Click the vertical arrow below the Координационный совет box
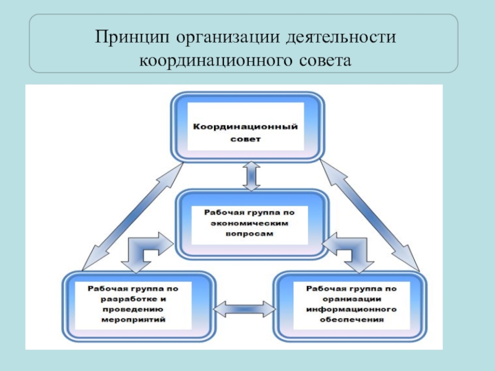pyautogui.click(x=251, y=175)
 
